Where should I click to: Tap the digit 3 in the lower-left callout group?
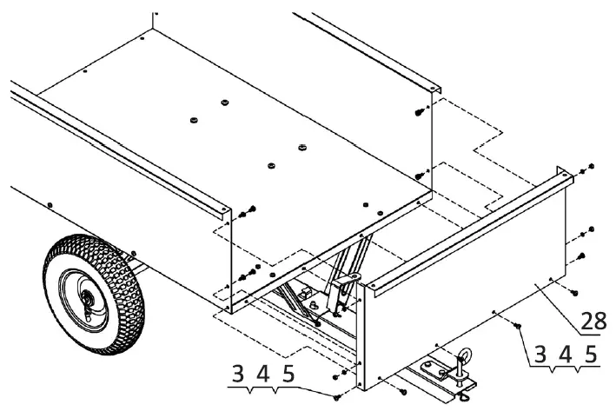tap(237, 375)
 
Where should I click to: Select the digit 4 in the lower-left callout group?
tap(263, 375)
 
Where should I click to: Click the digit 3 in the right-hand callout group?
tap(540, 355)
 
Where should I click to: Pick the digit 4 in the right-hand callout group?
tap(566, 355)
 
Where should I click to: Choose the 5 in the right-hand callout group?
tap(591, 355)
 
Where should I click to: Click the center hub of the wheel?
tap(87, 298)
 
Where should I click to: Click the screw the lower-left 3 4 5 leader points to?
tap(336, 396)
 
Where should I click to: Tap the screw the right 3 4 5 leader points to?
tap(516, 327)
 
